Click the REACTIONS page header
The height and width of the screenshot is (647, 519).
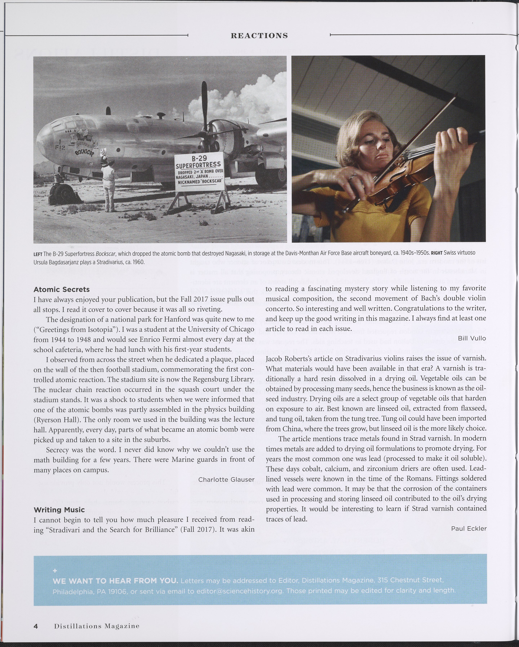click(259, 36)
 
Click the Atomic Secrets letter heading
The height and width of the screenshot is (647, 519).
click(61, 290)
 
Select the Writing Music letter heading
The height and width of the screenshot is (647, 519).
click(59, 510)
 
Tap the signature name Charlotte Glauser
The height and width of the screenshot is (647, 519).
click(226, 479)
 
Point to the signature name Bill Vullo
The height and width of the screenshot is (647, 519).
click(472, 338)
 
